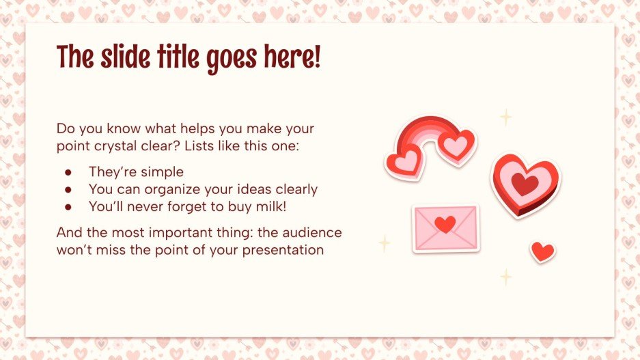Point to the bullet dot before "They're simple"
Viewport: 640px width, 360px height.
coord(68,172)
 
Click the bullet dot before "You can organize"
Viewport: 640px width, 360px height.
coord(68,189)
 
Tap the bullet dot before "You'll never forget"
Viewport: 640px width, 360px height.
coord(68,206)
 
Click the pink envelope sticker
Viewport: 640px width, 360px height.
coord(446,228)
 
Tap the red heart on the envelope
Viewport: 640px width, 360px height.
coord(445,224)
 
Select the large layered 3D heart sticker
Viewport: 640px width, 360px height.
coord(525,184)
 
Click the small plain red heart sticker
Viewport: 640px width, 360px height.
coord(543,251)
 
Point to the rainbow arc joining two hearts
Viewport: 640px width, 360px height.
coord(423,132)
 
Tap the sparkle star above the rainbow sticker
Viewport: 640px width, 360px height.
coord(505,117)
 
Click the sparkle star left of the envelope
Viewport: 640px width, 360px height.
coord(385,243)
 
